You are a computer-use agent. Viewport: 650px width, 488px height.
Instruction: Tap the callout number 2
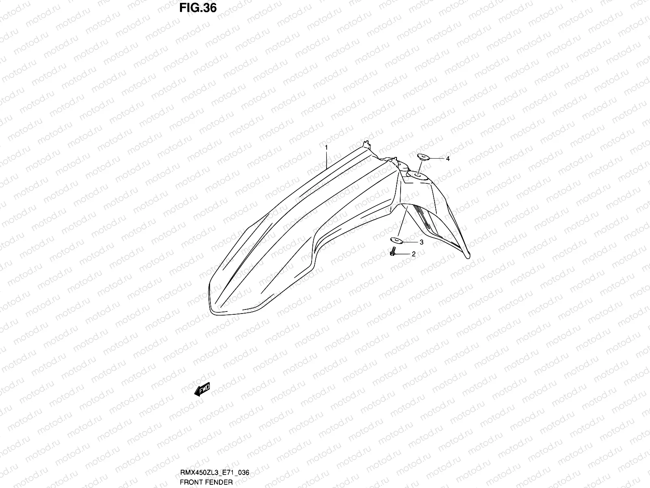click(x=414, y=255)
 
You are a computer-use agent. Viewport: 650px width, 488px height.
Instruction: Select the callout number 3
click(x=421, y=242)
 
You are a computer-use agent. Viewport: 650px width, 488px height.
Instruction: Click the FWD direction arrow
click(x=202, y=390)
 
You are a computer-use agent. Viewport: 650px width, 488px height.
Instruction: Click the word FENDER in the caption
click(x=222, y=482)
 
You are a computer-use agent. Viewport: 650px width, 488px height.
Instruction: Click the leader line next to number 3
click(x=410, y=242)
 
